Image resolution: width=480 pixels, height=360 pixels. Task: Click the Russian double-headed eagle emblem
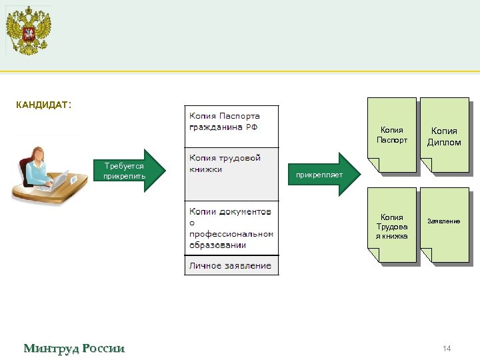(x=29, y=30)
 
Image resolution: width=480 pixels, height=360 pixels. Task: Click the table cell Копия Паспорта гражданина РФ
(x=231, y=127)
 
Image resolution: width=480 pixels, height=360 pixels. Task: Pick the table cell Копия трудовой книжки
(x=231, y=174)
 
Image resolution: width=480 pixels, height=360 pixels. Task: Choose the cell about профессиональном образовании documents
(x=231, y=228)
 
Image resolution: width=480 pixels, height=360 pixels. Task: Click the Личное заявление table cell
(x=231, y=265)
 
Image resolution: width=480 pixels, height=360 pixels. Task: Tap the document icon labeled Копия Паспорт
(x=392, y=135)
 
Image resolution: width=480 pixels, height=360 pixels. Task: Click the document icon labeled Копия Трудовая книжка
(x=392, y=226)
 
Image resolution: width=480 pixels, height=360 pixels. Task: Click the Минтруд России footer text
(x=74, y=349)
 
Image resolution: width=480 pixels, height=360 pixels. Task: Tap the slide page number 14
(x=447, y=349)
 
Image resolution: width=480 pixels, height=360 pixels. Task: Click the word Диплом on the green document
(x=445, y=142)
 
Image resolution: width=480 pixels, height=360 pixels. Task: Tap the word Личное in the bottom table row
(x=205, y=265)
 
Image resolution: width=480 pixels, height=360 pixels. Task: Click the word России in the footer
(x=103, y=349)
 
